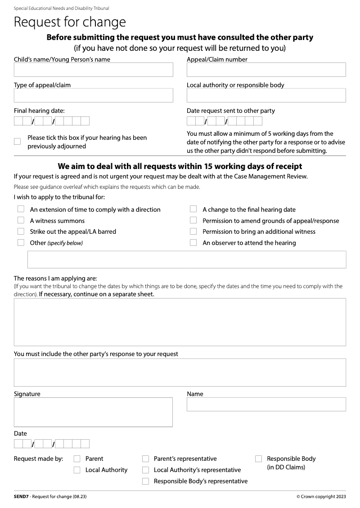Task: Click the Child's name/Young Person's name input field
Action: [93, 70]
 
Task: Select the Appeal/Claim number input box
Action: [266, 70]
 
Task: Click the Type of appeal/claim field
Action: [93, 95]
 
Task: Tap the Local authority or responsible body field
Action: [266, 95]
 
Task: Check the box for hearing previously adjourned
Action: [18, 142]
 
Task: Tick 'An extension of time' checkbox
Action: [21, 209]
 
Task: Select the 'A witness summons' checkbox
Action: [21, 220]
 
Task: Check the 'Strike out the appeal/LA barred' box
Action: [21, 232]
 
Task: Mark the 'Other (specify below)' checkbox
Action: [21, 243]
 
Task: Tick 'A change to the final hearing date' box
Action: [193, 209]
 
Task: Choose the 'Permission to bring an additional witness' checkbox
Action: [193, 232]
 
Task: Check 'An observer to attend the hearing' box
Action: [193, 243]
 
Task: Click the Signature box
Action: [93, 412]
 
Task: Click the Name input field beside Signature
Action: [266, 404]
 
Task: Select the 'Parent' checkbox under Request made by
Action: [77, 459]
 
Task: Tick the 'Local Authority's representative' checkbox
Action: [146, 470]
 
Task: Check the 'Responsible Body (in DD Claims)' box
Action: [259, 459]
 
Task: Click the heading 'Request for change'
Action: [70, 22]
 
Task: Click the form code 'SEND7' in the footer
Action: [21, 497]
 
